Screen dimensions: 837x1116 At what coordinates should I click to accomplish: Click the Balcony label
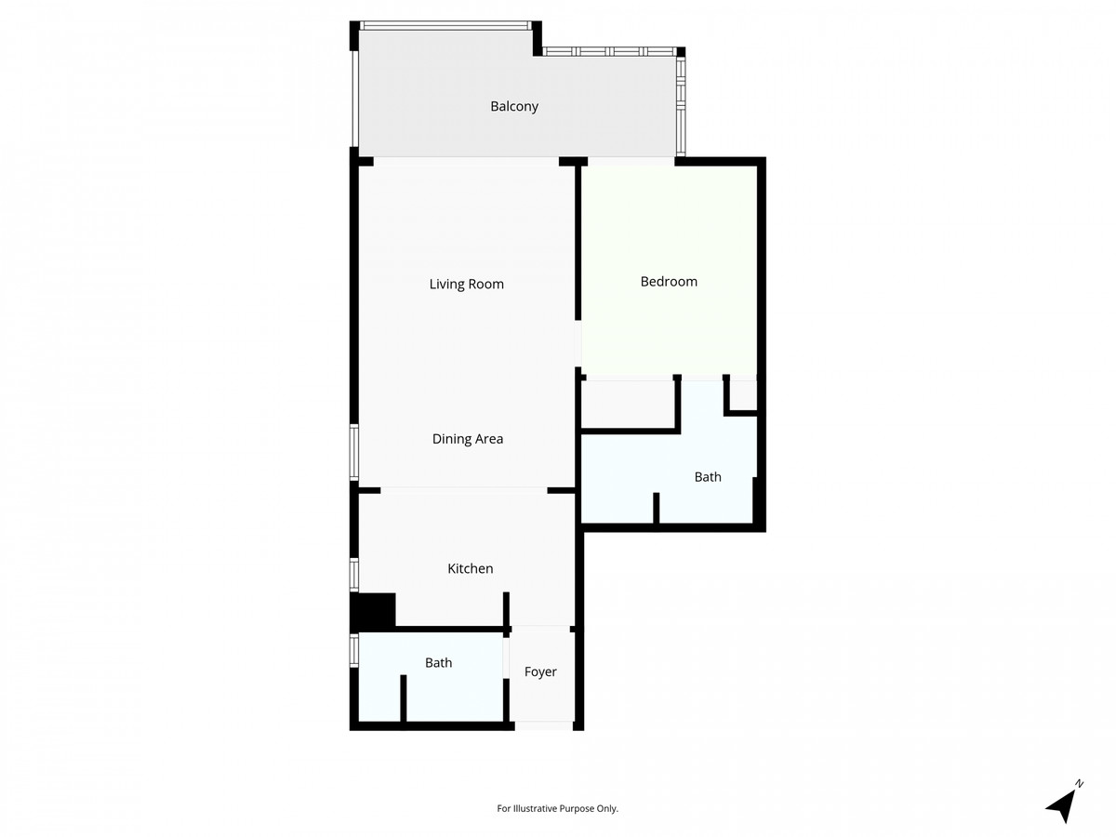514,106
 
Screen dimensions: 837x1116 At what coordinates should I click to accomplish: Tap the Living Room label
466,284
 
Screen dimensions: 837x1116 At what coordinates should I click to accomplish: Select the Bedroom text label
669,281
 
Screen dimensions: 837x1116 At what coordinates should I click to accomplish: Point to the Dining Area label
467,439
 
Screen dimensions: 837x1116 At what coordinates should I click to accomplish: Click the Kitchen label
470,568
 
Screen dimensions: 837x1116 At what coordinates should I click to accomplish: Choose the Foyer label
540,671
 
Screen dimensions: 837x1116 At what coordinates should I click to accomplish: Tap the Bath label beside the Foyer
438,663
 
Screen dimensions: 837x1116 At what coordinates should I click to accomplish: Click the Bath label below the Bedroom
708,477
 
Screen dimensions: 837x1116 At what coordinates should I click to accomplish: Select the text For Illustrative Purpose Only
558,809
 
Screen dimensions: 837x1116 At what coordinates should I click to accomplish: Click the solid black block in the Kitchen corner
374,611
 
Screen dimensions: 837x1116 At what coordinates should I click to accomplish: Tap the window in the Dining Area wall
354,452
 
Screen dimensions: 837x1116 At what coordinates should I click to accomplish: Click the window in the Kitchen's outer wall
354,574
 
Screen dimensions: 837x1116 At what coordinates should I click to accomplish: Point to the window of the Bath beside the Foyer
354,651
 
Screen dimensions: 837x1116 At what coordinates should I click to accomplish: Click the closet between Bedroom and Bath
627,404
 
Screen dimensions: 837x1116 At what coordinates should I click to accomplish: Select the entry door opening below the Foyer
544,725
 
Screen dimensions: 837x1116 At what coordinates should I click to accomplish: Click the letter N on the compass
1080,784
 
